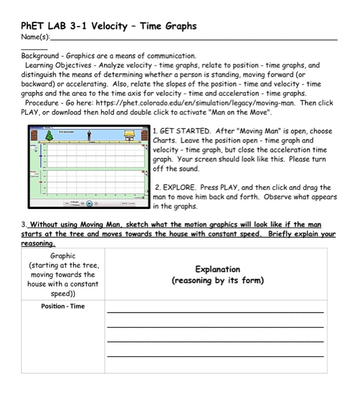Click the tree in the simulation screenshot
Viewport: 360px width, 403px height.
coord(34,135)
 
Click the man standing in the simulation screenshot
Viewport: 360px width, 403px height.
coord(90,135)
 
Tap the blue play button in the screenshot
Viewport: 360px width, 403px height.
coord(90,203)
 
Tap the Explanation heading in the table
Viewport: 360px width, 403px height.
coord(217,269)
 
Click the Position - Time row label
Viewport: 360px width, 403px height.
coord(63,306)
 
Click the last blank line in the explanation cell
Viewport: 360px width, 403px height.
coord(215,357)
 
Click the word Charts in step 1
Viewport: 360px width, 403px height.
coord(167,140)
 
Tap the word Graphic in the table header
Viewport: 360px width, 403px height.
coord(63,256)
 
